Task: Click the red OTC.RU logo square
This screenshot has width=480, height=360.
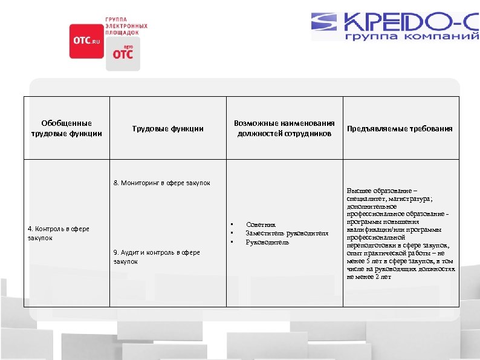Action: pos(86,41)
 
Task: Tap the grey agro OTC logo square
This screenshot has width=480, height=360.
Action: pos(123,54)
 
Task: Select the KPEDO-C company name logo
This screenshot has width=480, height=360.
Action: pos(397,22)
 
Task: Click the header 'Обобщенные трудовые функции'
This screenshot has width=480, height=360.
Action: pos(66,128)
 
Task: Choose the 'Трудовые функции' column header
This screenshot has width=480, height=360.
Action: pos(167,128)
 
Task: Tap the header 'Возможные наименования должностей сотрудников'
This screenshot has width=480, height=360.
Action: pos(284,128)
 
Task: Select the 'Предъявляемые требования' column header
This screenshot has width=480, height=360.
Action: pos(400,128)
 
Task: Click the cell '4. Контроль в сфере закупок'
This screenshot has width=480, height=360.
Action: pos(58,233)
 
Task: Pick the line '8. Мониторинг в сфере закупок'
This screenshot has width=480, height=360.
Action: pos(161,182)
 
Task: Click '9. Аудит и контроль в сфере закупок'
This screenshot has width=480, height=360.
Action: pos(157,257)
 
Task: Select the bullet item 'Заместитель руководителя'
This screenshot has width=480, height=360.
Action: pos(287,233)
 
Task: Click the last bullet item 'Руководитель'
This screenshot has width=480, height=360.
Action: pos(267,242)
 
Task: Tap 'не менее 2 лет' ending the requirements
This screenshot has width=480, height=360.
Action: pos(369,277)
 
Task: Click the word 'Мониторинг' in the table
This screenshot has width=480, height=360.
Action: pos(140,182)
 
